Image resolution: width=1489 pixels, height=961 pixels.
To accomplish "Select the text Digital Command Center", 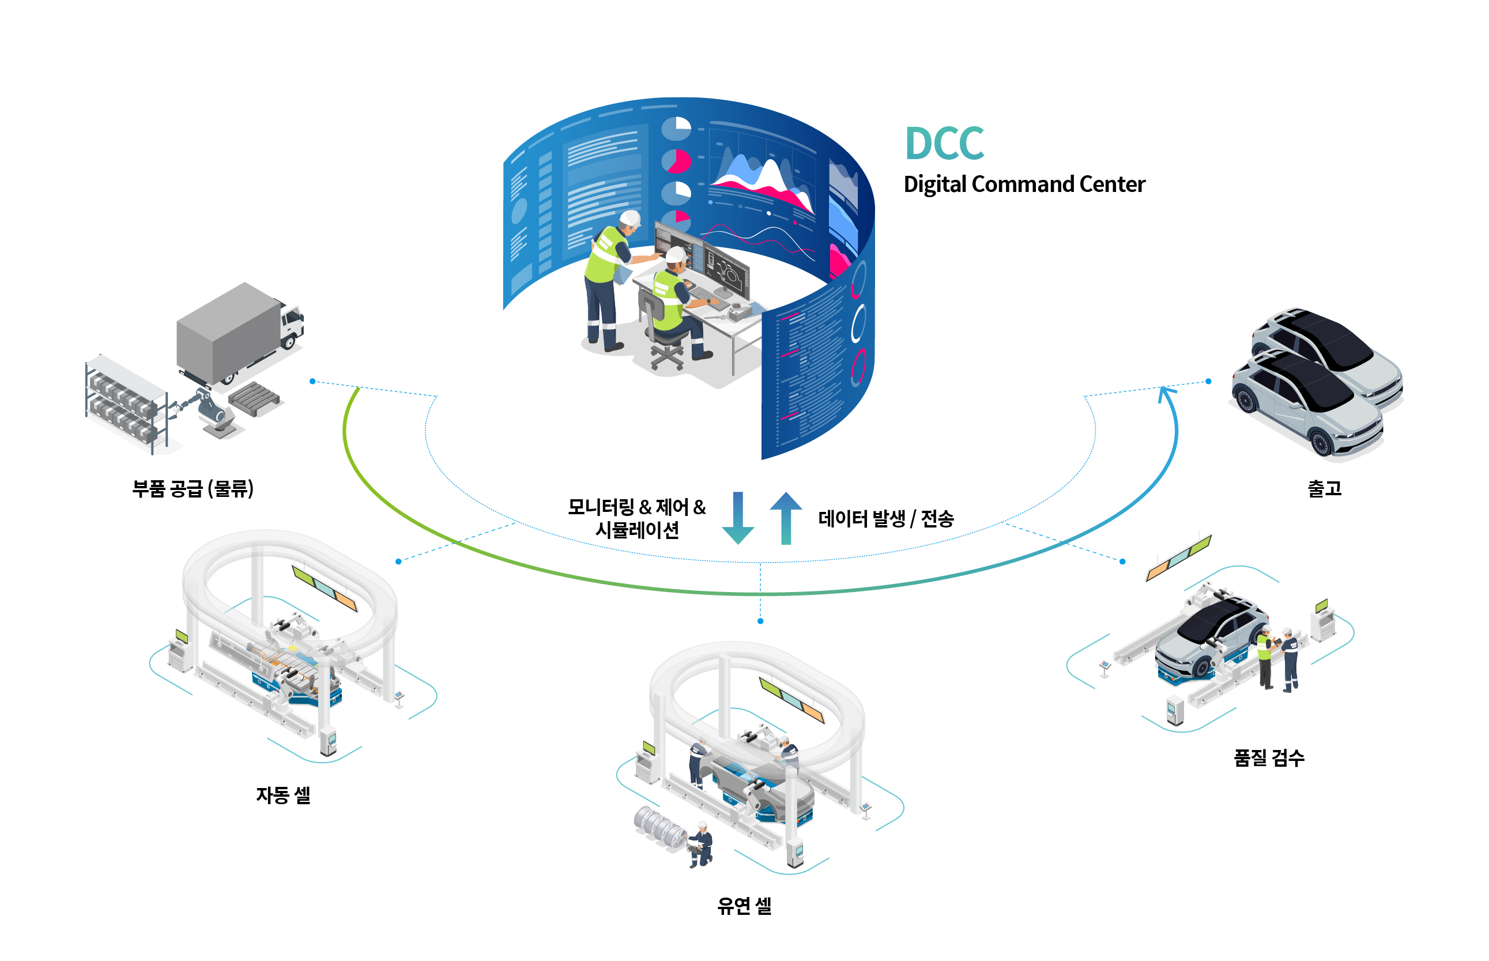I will (x=1023, y=184).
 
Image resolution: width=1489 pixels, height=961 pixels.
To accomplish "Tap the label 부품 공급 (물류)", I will (x=193, y=487).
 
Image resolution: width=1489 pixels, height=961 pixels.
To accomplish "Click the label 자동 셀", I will (x=282, y=794).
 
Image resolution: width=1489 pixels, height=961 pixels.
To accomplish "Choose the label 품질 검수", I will (x=1268, y=757).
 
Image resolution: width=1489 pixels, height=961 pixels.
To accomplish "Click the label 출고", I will (x=1324, y=487).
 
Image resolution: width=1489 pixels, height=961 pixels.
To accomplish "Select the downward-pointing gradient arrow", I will (x=738, y=518).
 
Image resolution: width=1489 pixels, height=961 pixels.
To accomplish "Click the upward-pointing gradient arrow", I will (x=786, y=518).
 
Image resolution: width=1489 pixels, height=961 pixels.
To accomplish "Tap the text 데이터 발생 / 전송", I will (x=885, y=518).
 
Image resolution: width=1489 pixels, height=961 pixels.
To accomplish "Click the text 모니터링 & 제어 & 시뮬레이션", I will (x=636, y=518).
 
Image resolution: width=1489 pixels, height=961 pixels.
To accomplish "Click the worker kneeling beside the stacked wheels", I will (x=701, y=843).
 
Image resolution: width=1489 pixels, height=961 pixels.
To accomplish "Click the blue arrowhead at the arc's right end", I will (x=1164, y=393).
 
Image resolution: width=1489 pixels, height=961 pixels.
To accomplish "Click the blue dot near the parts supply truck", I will (x=312, y=380).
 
